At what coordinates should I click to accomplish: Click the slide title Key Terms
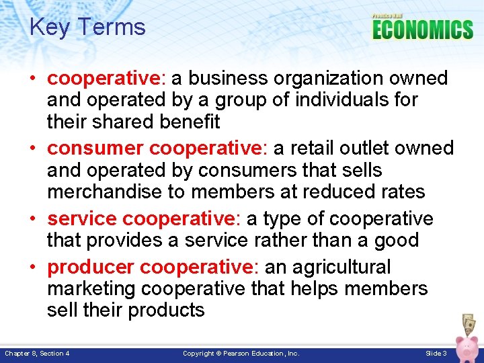(87, 28)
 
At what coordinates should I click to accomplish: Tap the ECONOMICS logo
(423, 29)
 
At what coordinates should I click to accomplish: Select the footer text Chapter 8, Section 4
(37, 354)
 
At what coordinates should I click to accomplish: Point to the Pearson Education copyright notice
(241, 354)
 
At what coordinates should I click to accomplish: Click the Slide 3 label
(436, 354)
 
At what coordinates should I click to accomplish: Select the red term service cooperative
(140, 219)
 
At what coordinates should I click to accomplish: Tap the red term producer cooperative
(149, 268)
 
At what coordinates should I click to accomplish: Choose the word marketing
(91, 289)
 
